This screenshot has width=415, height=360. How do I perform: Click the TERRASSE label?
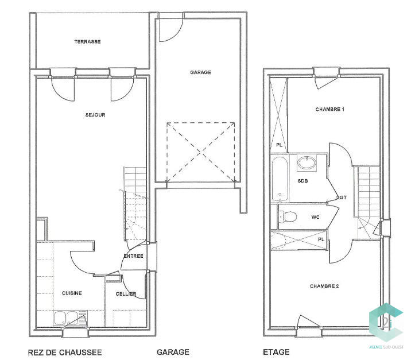pos(87,42)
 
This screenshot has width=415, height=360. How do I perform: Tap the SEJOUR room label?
pos(95,115)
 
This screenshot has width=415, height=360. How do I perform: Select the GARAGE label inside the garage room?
pos(200,72)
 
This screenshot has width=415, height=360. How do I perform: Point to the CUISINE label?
pos(72,293)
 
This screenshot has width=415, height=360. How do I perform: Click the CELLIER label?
pos(126,294)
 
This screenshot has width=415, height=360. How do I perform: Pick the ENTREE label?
pos(133,256)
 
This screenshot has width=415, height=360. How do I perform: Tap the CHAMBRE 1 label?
pos(329,109)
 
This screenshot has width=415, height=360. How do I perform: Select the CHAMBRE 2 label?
pos(324,286)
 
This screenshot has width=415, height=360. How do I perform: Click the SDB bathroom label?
pos(302,181)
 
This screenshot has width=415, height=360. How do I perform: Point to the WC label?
pos(315,217)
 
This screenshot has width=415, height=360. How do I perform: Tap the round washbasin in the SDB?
pos(306,163)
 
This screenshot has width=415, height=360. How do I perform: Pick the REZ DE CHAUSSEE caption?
pos(65,352)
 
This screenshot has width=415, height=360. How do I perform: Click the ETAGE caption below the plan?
pos(276,352)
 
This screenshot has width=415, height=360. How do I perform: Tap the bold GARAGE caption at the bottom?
pos(173,352)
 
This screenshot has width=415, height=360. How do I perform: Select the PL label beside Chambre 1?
pos(279,145)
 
